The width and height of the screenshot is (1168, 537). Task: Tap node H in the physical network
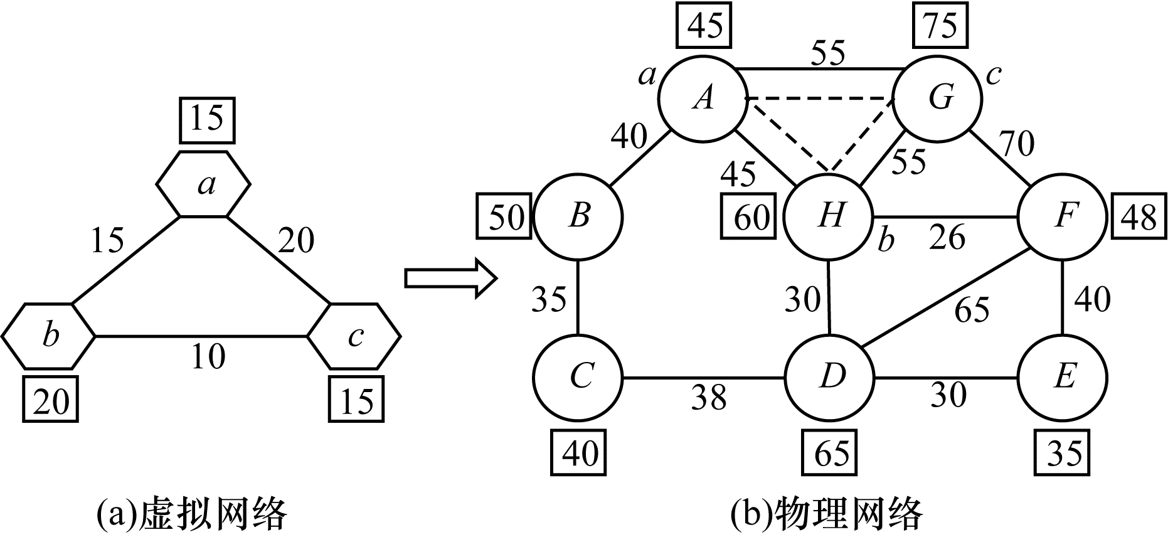click(x=829, y=216)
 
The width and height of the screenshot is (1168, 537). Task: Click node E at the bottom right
click(x=1063, y=378)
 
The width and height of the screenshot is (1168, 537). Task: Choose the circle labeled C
click(x=578, y=378)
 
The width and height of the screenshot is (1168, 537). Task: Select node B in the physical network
click(x=578, y=216)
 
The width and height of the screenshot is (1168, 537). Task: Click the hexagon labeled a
click(x=204, y=184)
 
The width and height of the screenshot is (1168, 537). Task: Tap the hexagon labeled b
click(x=50, y=336)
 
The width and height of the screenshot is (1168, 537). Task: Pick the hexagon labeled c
click(x=354, y=336)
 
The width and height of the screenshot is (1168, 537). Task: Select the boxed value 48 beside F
click(x=1139, y=216)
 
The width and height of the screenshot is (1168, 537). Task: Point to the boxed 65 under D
click(x=831, y=452)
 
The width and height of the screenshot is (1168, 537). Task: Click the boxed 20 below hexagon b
click(x=50, y=400)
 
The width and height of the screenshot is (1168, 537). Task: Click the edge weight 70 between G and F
click(x=1016, y=144)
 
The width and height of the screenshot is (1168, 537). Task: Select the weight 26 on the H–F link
click(x=948, y=237)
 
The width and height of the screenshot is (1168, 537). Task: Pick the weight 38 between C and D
click(x=709, y=397)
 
